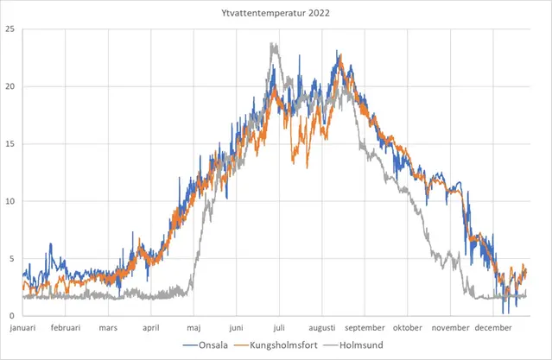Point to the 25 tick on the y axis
tap(10, 29)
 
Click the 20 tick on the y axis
tap(10, 86)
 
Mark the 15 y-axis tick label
tap(10, 143)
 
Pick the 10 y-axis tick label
tap(10, 201)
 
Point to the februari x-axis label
tap(67, 328)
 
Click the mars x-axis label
tap(108, 328)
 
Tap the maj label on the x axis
tap(194, 328)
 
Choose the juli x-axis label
tap(279, 328)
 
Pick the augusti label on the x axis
tap(322, 328)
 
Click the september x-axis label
tap(365, 328)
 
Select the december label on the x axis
tap(492, 328)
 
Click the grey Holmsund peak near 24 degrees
tap(273, 44)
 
